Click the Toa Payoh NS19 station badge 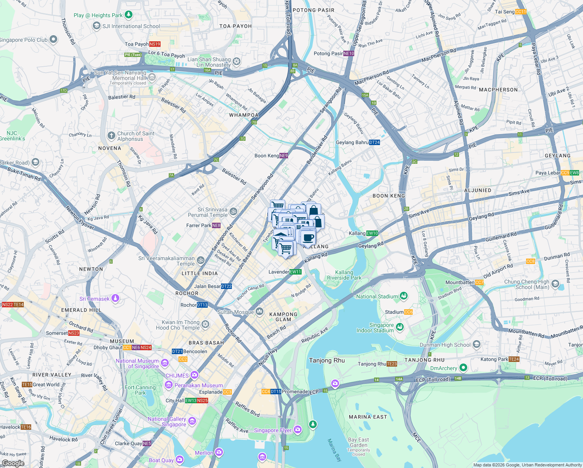155,44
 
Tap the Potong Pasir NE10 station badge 349,53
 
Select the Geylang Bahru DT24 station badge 374,142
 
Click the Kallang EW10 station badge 372,233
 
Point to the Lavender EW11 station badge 295,272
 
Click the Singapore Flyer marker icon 298,430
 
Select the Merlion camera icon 219,452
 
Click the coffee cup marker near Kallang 308,238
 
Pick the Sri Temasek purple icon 115,299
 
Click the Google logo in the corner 13,463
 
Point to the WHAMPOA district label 244,115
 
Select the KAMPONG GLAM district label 283,317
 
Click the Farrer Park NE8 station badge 216,225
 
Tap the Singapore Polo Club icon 53,39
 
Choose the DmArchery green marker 463,368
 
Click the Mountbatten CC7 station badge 479,282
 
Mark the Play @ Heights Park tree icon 128,15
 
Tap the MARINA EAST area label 368,417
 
